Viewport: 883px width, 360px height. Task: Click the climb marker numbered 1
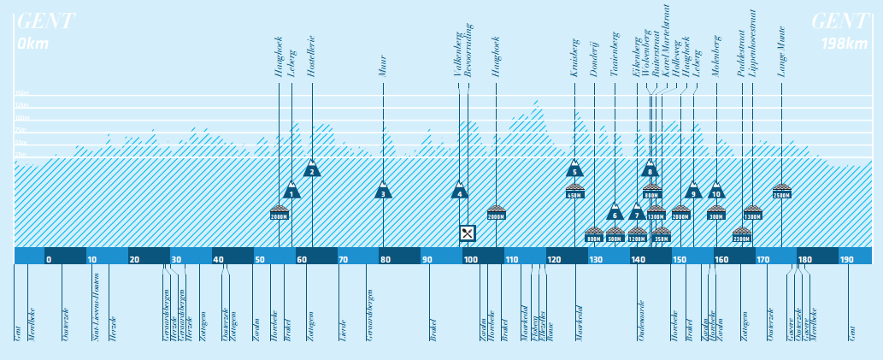(291, 191)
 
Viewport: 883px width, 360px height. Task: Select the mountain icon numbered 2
(312, 168)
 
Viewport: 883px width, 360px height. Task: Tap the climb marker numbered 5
(574, 168)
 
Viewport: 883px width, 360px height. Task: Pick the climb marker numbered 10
(716, 191)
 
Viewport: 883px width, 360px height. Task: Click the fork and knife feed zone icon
(467, 233)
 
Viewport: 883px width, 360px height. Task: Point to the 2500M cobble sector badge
(781, 191)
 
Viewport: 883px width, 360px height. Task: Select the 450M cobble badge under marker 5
(574, 192)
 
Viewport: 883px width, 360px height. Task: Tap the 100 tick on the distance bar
(470, 260)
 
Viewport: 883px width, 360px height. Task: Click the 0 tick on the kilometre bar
(49, 260)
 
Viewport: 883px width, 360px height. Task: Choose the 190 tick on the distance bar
(846, 260)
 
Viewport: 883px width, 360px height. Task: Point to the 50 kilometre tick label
(260, 260)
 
